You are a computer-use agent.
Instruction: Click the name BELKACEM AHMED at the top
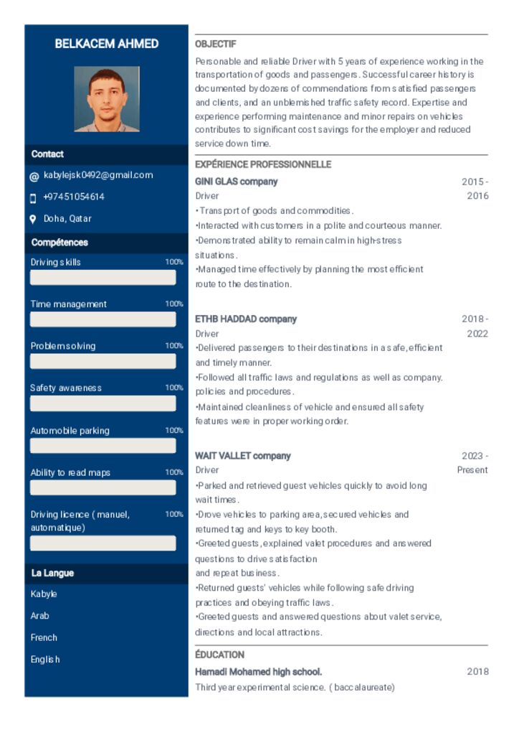[x=107, y=44]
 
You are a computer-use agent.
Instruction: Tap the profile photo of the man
[x=107, y=99]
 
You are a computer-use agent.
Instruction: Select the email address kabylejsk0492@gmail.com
[x=98, y=175]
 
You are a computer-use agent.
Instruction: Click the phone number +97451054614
[x=74, y=197]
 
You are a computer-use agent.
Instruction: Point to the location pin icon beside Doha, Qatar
[x=33, y=219]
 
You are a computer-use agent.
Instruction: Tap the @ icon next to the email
[x=34, y=176]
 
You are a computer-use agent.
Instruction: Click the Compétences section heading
[x=59, y=243]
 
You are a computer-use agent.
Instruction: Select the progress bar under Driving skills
[x=103, y=277]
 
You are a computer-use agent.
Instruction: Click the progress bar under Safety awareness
[x=103, y=403]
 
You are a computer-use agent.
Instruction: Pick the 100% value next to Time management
[x=174, y=304]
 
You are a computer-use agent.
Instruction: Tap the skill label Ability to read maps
[x=70, y=472]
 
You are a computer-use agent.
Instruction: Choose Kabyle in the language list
[x=44, y=594]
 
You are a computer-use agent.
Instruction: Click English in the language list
[x=45, y=660]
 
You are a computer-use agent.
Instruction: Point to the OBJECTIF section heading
[x=216, y=45]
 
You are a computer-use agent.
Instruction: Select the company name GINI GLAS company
[x=237, y=182]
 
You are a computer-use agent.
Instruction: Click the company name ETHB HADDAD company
[x=246, y=319]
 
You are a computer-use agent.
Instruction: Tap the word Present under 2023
[x=472, y=470]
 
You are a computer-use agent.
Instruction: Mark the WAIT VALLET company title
[x=243, y=456]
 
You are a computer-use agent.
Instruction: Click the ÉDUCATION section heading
[x=220, y=655]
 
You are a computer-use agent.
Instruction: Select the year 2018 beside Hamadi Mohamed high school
[x=477, y=672]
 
